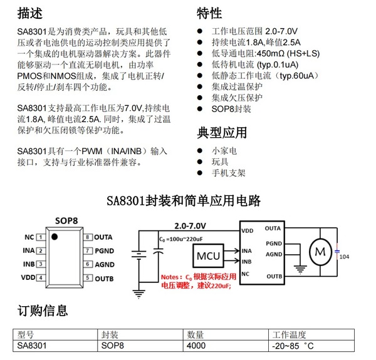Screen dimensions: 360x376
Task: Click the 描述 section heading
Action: (31, 13)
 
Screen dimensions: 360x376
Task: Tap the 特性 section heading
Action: (209, 13)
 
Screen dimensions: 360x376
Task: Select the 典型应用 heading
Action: (222, 132)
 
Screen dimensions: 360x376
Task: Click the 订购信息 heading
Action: (43, 311)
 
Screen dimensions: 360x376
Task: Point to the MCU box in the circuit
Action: (207, 255)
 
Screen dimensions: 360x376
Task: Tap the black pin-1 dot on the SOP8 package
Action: (55, 236)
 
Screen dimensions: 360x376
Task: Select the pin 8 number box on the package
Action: (88, 237)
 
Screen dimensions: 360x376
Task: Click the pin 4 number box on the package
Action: (39, 277)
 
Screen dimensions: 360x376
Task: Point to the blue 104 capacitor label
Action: (345, 257)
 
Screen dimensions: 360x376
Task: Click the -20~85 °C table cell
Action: (292, 345)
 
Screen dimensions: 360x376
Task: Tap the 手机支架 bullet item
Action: (228, 173)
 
